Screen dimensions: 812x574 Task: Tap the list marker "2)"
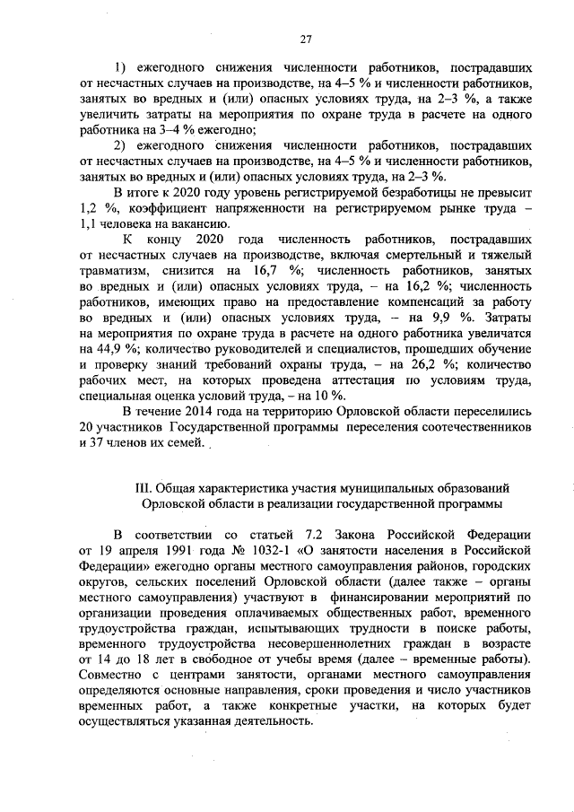click(124, 145)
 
